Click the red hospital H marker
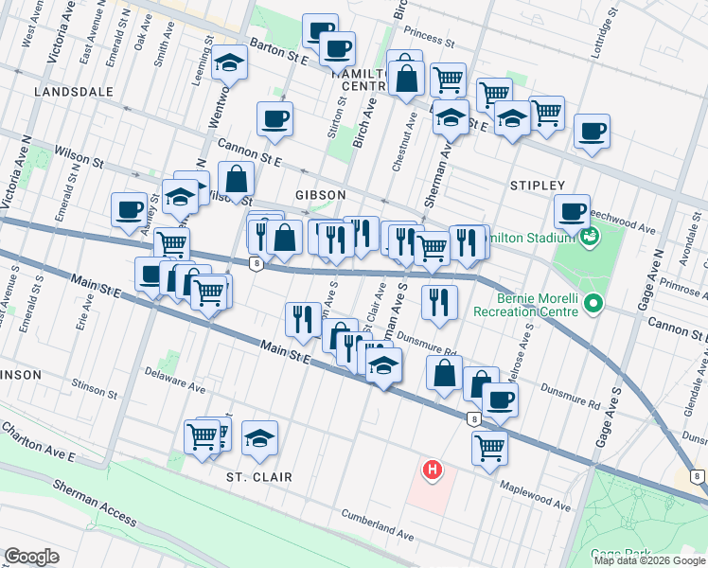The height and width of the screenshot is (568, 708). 433,469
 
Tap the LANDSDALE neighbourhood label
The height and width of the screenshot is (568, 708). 73,92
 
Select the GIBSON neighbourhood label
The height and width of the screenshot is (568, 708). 320,194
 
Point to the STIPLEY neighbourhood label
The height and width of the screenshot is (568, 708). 537,186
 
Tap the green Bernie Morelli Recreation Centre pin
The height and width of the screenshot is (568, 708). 593,304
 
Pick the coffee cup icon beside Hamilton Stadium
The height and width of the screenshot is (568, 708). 571,212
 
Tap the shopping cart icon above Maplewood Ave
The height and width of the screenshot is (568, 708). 489,446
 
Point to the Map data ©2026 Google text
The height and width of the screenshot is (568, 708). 649,560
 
